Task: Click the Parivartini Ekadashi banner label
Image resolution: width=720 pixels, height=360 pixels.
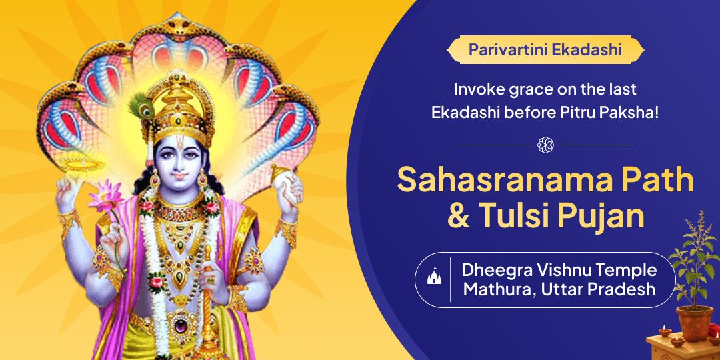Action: [x=545, y=49]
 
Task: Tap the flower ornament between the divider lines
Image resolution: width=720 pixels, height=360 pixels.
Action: [x=545, y=145]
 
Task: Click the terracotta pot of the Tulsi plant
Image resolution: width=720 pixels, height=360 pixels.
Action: [x=695, y=323]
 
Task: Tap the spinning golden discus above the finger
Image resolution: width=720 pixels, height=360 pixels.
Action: [x=83, y=164]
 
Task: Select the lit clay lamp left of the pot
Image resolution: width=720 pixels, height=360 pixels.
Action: [x=665, y=330]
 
